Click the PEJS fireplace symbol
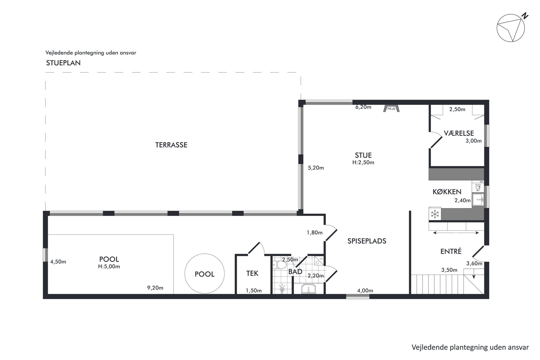391,109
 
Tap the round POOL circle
205,254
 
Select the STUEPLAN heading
63,63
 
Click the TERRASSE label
171,145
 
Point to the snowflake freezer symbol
435,214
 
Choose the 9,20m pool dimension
155,288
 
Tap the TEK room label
252,273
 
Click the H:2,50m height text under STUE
363,163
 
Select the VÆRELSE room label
459,133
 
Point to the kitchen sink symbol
478,200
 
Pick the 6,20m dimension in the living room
364,107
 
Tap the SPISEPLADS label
367,241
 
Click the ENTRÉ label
451,251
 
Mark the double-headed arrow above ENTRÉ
456,233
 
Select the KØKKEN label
447,192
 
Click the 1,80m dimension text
315,233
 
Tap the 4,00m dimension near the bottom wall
365,291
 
